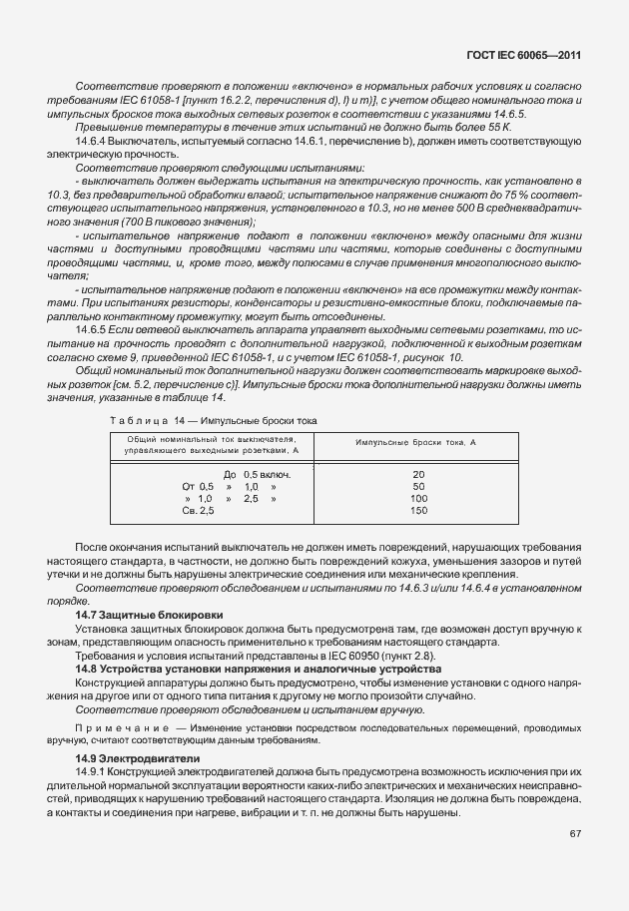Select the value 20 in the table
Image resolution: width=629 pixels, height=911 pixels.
(418, 474)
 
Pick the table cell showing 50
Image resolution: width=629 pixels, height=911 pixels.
(418, 486)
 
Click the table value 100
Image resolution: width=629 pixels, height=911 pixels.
(418, 498)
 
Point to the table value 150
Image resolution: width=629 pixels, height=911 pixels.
(418, 510)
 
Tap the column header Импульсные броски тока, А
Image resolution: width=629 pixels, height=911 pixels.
(416, 440)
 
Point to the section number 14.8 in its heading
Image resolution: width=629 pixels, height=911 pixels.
(88, 669)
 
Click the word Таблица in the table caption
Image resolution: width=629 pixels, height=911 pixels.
(140, 421)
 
